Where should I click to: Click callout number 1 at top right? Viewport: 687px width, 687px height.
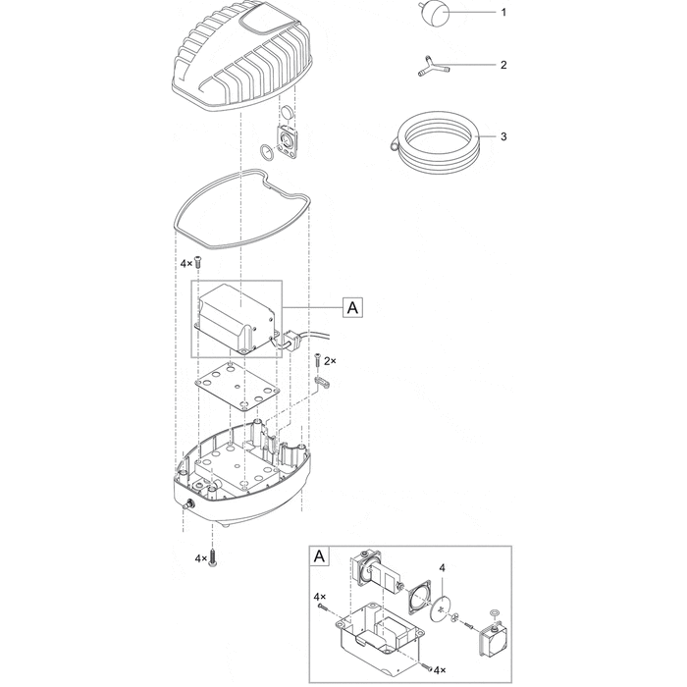coord(502,14)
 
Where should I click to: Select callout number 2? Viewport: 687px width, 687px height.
coord(502,66)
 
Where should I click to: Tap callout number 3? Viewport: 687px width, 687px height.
coord(502,136)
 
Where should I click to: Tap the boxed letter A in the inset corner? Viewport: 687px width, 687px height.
coord(319,555)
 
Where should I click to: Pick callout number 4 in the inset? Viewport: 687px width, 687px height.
coord(443,568)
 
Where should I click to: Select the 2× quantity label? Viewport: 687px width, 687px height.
coord(331,362)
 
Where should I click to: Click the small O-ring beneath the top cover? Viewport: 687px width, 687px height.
coord(266,152)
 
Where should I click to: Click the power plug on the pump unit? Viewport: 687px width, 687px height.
coord(291,342)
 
